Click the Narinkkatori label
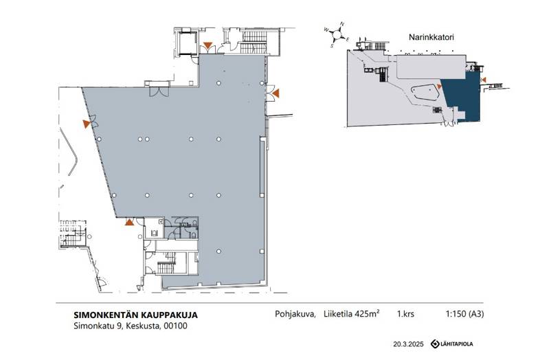(431, 37)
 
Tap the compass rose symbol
(337, 34)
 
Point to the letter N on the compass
(342, 24)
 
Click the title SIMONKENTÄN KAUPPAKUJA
(136, 315)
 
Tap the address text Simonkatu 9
(98, 326)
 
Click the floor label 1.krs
(405, 314)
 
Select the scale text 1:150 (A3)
(464, 314)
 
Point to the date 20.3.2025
(409, 344)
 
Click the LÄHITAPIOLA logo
(452, 344)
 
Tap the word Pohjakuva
(295, 314)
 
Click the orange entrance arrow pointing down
(207, 45)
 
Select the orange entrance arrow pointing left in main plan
(275, 93)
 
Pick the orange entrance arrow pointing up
(129, 222)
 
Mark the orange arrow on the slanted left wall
(87, 124)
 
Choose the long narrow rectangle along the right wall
(262, 167)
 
